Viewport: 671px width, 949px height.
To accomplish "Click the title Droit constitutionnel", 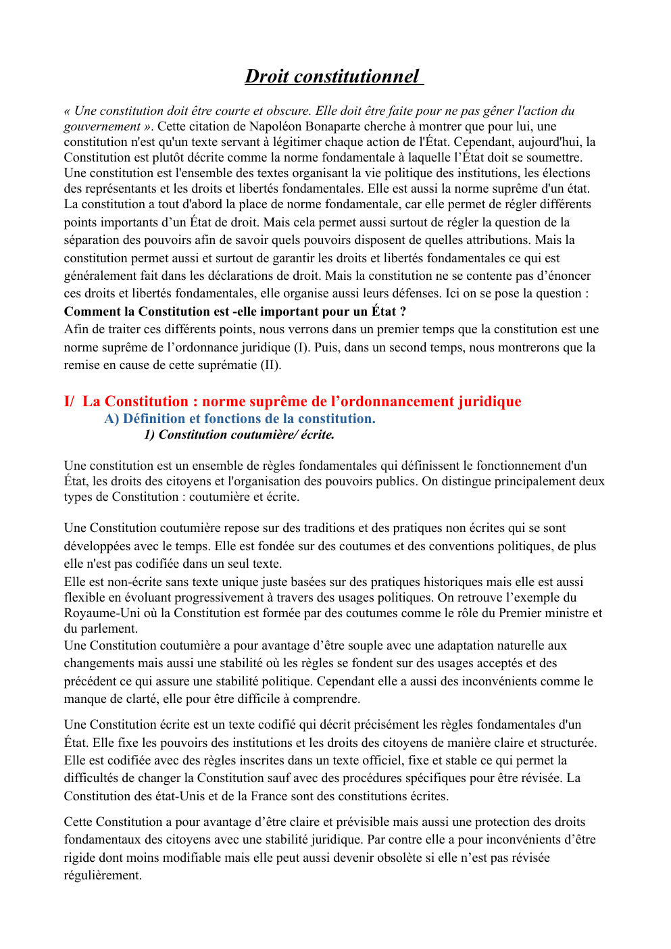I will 332,76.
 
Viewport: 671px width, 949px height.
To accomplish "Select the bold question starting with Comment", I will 234,312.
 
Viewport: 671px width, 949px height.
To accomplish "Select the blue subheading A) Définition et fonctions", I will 240,419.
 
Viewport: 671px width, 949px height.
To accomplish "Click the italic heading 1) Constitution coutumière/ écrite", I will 239,435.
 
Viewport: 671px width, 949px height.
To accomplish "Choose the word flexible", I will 84,598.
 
